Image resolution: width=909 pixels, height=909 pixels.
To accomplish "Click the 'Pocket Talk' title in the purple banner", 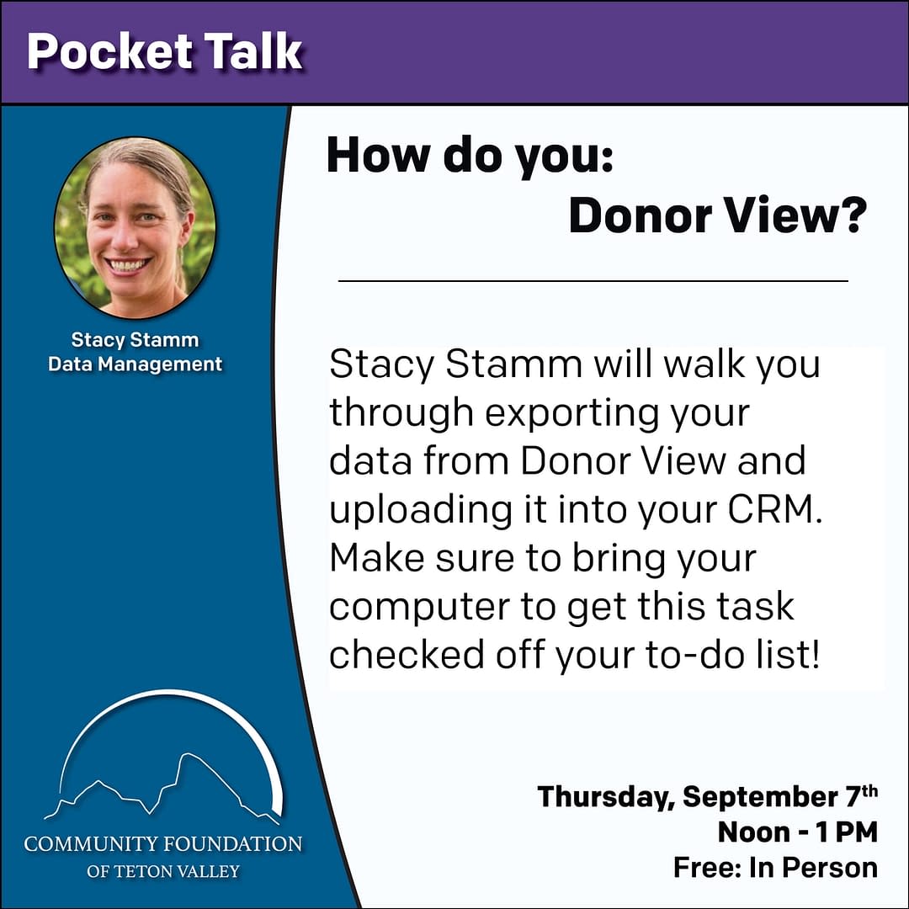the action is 165,51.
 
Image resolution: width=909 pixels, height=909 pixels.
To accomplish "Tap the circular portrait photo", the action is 135,227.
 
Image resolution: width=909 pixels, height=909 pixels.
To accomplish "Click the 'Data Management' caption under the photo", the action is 135,364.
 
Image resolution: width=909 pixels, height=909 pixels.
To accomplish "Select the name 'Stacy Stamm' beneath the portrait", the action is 135,340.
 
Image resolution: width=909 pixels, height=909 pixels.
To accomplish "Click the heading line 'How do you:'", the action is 470,157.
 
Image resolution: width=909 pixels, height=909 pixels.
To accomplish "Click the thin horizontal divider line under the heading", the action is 593,281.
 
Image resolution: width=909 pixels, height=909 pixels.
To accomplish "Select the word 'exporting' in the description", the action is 571,414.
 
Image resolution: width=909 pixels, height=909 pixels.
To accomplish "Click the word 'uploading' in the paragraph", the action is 421,510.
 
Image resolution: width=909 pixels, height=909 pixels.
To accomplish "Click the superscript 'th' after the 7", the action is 869,790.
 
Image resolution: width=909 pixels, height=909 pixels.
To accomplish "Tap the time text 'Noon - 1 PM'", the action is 798,832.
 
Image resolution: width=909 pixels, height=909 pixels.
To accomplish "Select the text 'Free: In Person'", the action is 776,868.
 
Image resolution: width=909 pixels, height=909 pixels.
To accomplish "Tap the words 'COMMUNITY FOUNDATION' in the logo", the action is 163,843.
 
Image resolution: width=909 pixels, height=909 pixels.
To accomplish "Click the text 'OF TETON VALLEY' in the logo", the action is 163,871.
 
